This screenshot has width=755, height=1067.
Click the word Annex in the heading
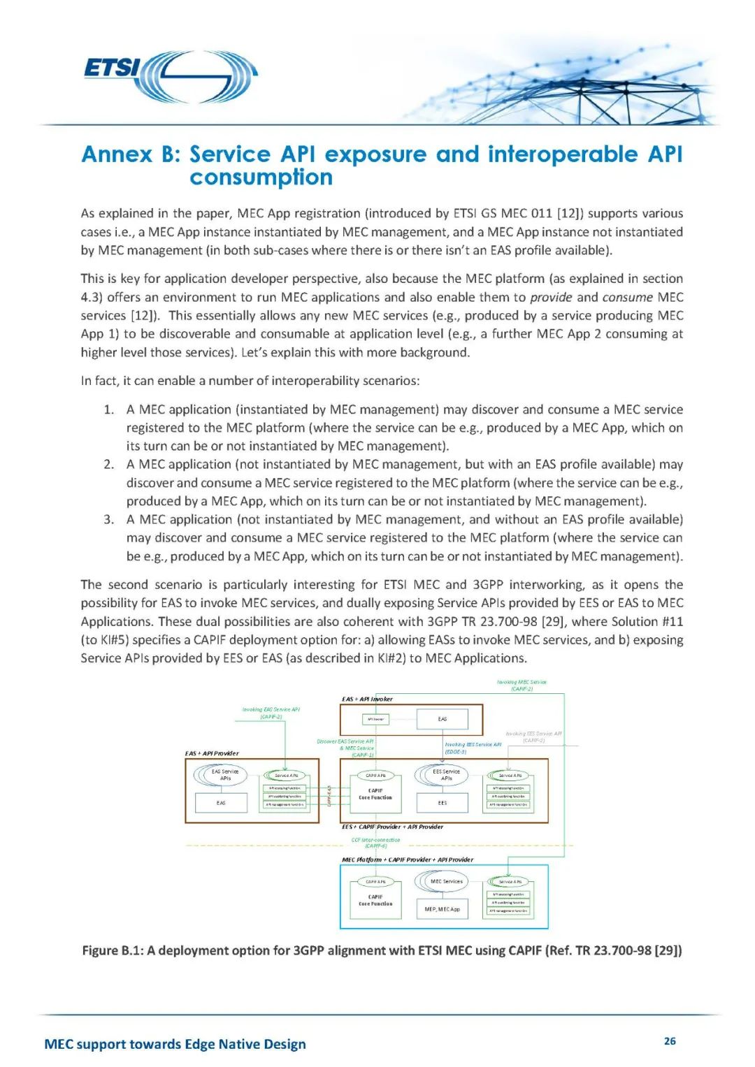(116, 154)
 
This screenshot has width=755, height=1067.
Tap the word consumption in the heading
(261, 177)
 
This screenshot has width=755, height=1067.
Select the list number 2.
(108, 465)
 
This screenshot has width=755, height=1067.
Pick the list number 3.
(108, 520)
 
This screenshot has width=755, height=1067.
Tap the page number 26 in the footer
(670, 1041)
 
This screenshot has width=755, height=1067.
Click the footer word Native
(242, 1044)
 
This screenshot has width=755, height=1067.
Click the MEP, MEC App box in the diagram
(443, 909)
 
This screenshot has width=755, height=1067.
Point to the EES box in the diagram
(443, 803)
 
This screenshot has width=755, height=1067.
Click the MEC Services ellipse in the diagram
(446, 882)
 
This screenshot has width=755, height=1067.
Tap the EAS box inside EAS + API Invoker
(443, 719)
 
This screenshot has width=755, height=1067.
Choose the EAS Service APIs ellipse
(225, 775)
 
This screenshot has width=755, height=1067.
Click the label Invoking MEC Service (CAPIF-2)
(522, 685)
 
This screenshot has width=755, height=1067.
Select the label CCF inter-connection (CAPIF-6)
(375, 843)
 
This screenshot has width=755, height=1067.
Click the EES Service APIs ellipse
(446, 775)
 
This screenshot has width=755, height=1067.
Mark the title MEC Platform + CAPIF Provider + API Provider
(407, 859)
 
